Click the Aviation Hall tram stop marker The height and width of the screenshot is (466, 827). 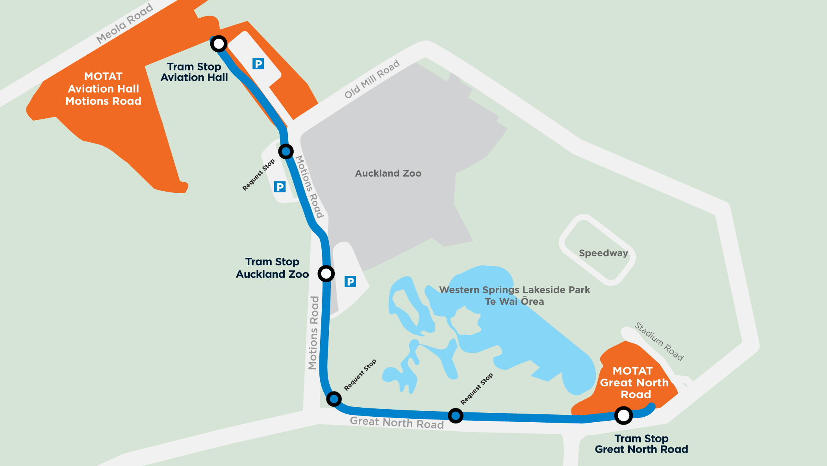click(219, 43)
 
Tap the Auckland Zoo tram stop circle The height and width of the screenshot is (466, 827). click(326, 273)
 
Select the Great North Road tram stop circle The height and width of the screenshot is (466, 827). click(623, 415)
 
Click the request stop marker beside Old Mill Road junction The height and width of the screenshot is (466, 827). click(286, 151)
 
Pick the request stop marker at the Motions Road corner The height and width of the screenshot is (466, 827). click(334, 399)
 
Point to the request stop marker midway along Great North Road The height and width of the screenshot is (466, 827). click(456, 416)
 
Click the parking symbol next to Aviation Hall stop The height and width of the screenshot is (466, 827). click(258, 63)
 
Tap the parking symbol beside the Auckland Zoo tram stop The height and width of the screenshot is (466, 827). click(350, 281)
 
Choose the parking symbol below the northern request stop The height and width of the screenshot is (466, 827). click(280, 187)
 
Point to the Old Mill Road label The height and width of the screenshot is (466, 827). click(372, 79)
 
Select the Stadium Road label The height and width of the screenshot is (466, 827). click(659, 341)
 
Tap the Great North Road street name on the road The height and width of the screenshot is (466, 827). click(397, 423)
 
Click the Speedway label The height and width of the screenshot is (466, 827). click(603, 253)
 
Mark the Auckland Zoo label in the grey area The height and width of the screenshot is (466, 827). click(388, 173)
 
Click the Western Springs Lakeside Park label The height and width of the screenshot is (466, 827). click(514, 295)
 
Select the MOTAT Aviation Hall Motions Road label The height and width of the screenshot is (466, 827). click(103, 89)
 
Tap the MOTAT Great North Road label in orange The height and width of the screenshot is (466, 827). click(634, 382)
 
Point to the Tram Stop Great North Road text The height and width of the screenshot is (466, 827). click(641, 444)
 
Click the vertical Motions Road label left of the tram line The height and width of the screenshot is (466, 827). click(313, 333)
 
